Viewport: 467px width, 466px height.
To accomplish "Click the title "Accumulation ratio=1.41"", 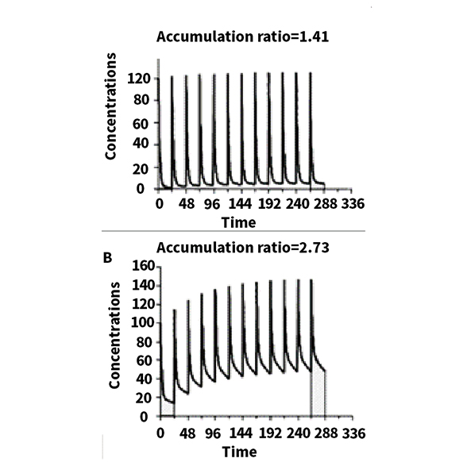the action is click(x=242, y=37).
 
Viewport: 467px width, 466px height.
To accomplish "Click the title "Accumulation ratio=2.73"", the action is click(x=243, y=248).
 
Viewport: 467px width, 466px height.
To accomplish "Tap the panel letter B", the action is click(x=107, y=258).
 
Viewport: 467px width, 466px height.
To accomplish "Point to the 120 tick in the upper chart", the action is click(x=138, y=79).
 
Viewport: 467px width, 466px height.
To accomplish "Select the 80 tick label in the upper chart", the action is click(x=141, y=100).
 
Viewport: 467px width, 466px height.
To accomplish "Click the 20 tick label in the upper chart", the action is click(x=141, y=169).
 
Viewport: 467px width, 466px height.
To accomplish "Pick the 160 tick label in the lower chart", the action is click(x=144, y=266).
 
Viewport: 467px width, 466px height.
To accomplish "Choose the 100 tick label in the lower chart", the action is click(x=144, y=323).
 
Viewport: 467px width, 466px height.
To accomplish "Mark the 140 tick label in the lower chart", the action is click(x=144, y=286).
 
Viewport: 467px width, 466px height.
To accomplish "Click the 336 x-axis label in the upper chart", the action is click(x=353, y=204).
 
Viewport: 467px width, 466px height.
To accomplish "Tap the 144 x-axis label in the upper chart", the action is click(x=241, y=204).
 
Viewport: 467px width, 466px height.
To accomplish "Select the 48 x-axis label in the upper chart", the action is click(x=187, y=204).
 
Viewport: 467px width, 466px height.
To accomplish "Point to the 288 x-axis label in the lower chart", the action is click(x=326, y=433).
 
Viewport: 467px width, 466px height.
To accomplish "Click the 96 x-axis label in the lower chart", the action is click(x=213, y=433).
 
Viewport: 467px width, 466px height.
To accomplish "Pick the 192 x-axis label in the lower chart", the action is click(x=270, y=433).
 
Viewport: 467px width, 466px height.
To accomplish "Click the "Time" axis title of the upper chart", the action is click(x=238, y=223).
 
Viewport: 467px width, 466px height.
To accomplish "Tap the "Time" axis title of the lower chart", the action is click(x=240, y=452).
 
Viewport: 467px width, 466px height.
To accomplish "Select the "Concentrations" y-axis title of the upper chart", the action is click(x=110, y=106).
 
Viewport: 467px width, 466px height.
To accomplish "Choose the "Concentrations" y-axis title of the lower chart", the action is click(x=114, y=335).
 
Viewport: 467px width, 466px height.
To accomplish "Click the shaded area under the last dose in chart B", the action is click(x=318, y=393).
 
